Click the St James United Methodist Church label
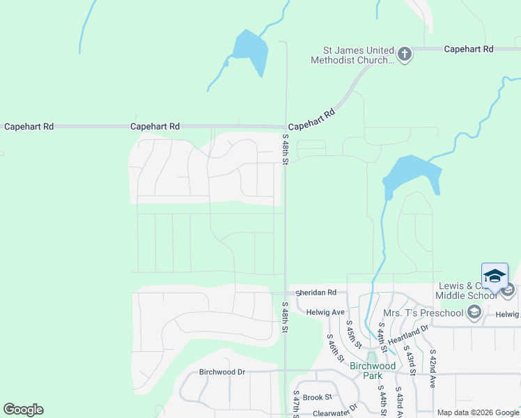coord(358,55)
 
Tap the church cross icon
coord(405,54)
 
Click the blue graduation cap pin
coord(495,277)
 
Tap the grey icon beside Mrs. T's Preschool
coord(474,312)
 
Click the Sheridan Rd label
coord(318,293)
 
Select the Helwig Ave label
coord(326,311)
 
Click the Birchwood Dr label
coord(222,372)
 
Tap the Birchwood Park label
coord(373,370)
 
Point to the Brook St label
coord(317,396)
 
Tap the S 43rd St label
coord(410,361)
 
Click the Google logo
coord(23,410)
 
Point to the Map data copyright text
coord(477,412)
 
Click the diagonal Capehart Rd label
coord(311,119)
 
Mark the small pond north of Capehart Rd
coord(251,51)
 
